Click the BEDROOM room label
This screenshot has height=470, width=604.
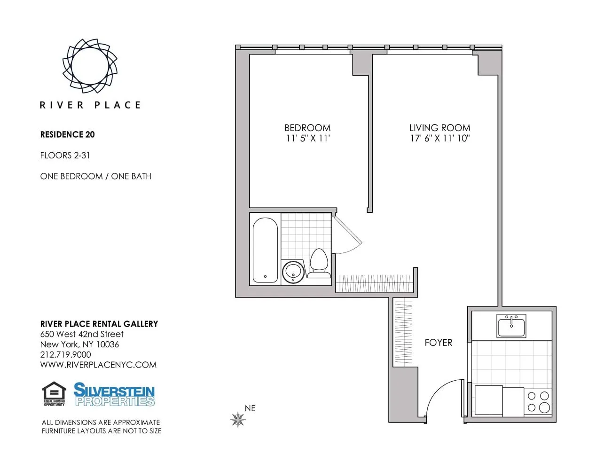point(307,128)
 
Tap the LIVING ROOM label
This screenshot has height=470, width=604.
point(439,128)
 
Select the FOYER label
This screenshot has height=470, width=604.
point(438,343)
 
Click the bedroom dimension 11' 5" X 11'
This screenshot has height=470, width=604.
point(307,138)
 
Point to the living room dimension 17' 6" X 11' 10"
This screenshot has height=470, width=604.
point(439,138)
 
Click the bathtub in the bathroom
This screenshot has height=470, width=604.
point(265,250)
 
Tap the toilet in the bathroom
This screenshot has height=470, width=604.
point(319,261)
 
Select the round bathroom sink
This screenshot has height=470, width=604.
point(294,271)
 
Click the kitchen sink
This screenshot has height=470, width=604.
point(511,326)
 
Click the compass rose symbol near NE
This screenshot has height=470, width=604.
point(238,419)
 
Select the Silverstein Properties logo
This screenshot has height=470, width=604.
point(114,394)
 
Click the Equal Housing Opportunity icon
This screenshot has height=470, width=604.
point(54,394)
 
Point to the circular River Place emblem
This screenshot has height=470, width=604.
point(90,66)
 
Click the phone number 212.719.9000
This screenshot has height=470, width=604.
point(65,354)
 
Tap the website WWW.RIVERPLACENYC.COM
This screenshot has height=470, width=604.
point(98,365)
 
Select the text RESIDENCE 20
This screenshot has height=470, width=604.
point(67,134)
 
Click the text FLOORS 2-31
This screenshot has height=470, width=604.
point(65,155)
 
